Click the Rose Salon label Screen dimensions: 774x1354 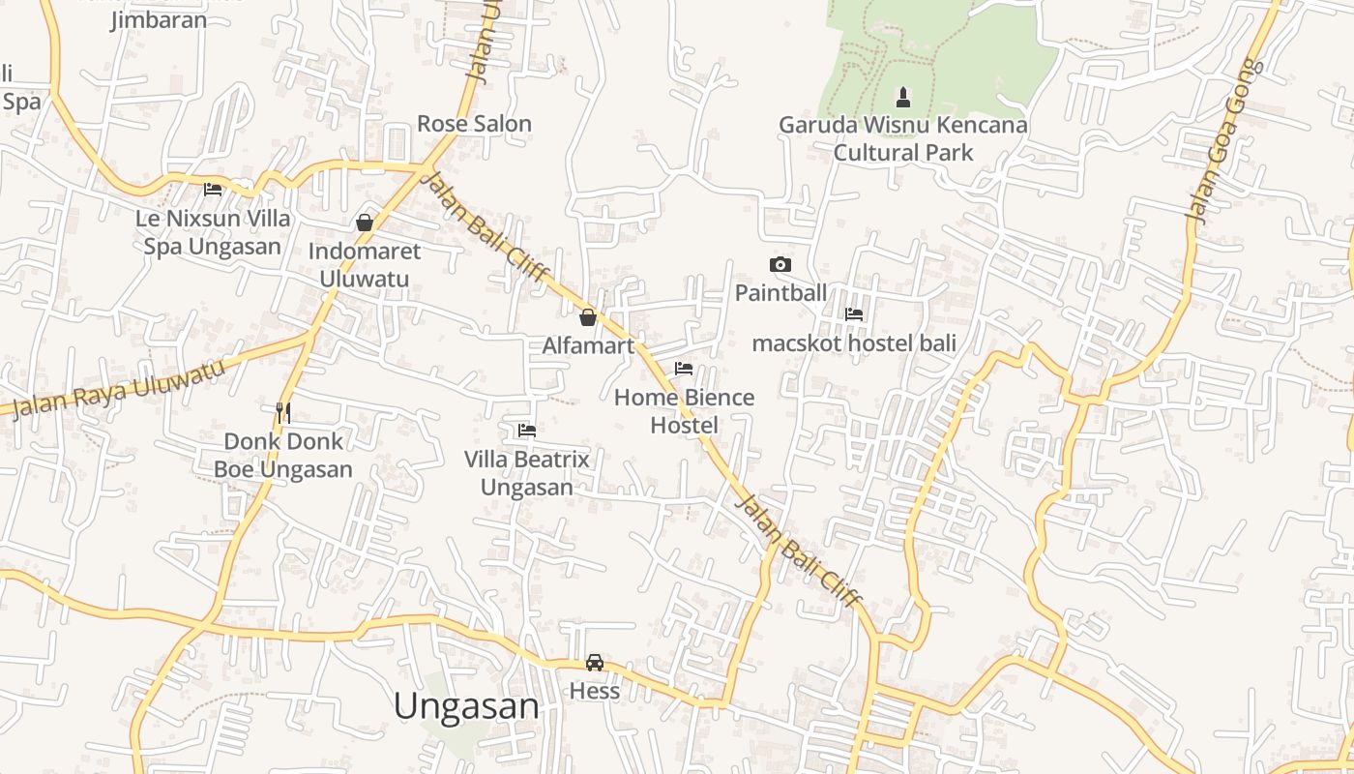[474, 124]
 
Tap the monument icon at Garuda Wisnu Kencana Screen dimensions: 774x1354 [903, 97]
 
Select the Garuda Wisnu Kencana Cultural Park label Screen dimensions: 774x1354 [903, 138]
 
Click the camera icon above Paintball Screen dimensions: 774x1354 [780, 264]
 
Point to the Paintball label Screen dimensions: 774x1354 [780, 292]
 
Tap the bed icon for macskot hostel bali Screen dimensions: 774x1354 [854, 314]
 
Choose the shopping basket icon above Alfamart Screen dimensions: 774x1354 [587, 317]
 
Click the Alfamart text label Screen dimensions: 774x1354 [588, 345]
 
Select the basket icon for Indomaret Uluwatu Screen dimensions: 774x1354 [365, 223]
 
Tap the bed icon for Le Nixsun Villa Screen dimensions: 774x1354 [213, 190]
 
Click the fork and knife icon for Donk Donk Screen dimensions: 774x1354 [283, 413]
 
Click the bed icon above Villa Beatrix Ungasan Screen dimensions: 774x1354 [527, 430]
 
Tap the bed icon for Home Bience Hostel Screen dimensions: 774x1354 [684, 369]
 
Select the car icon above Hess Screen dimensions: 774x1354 [595, 663]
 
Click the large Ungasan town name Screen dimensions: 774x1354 [466, 706]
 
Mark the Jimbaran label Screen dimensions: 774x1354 [158, 19]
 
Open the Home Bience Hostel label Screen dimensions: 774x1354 [684, 411]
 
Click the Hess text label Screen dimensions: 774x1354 [595, 691]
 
